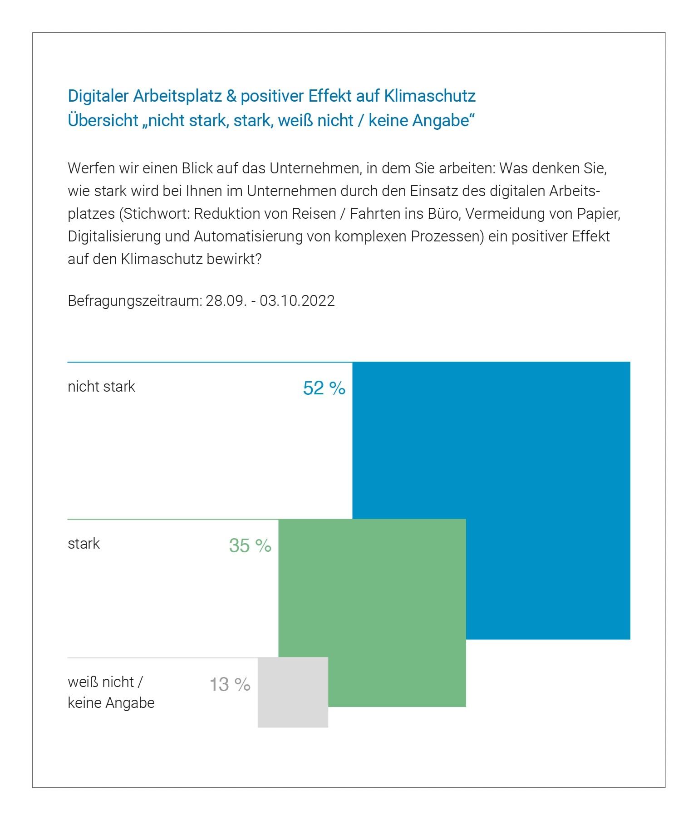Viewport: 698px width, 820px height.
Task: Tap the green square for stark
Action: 372,590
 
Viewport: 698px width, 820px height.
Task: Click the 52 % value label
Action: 324,388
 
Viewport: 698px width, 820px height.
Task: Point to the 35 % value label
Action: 250,545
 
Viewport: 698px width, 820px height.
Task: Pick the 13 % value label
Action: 230,684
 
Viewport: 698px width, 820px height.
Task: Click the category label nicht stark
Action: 101,387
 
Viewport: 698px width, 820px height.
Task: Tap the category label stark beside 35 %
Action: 84,544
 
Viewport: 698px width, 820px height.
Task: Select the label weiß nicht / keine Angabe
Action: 111,692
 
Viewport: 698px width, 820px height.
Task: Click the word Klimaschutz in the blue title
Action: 430,96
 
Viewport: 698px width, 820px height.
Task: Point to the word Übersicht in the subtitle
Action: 103,120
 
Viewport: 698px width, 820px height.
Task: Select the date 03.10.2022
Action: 297,301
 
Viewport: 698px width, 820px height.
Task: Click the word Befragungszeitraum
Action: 134,301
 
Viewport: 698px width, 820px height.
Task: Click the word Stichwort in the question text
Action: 155,214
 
